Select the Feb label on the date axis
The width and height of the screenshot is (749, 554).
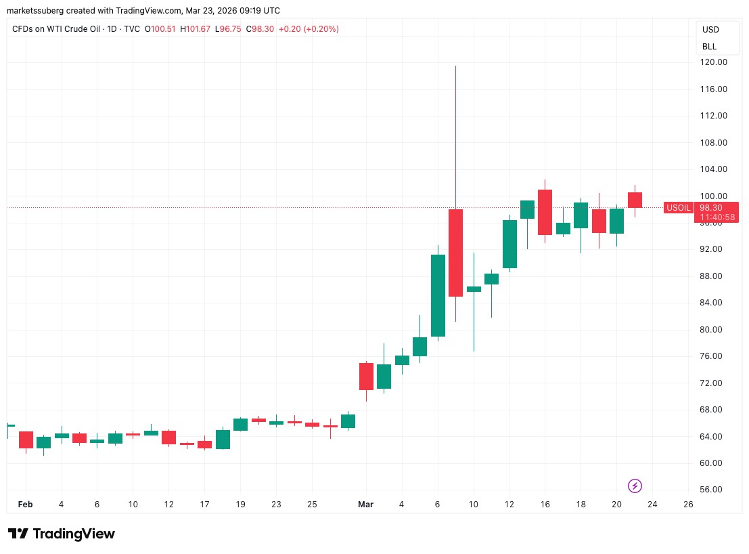(24, 505)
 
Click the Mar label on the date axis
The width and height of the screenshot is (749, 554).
(366, 505)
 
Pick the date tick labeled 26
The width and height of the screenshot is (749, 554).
(688, 505)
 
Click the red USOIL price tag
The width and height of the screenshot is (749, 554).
(679, 208)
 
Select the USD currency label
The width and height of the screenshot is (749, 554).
(710, 30)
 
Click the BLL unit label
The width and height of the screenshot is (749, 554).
(709, 47)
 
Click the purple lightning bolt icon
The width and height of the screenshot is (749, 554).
(635, 486)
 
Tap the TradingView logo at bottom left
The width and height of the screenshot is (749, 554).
(62, 534)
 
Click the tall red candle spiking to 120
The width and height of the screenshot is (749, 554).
(455, 252)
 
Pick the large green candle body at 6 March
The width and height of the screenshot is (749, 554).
(438, 295)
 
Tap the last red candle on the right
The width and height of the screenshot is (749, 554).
(635, 200)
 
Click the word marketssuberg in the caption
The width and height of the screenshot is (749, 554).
(37, 11)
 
